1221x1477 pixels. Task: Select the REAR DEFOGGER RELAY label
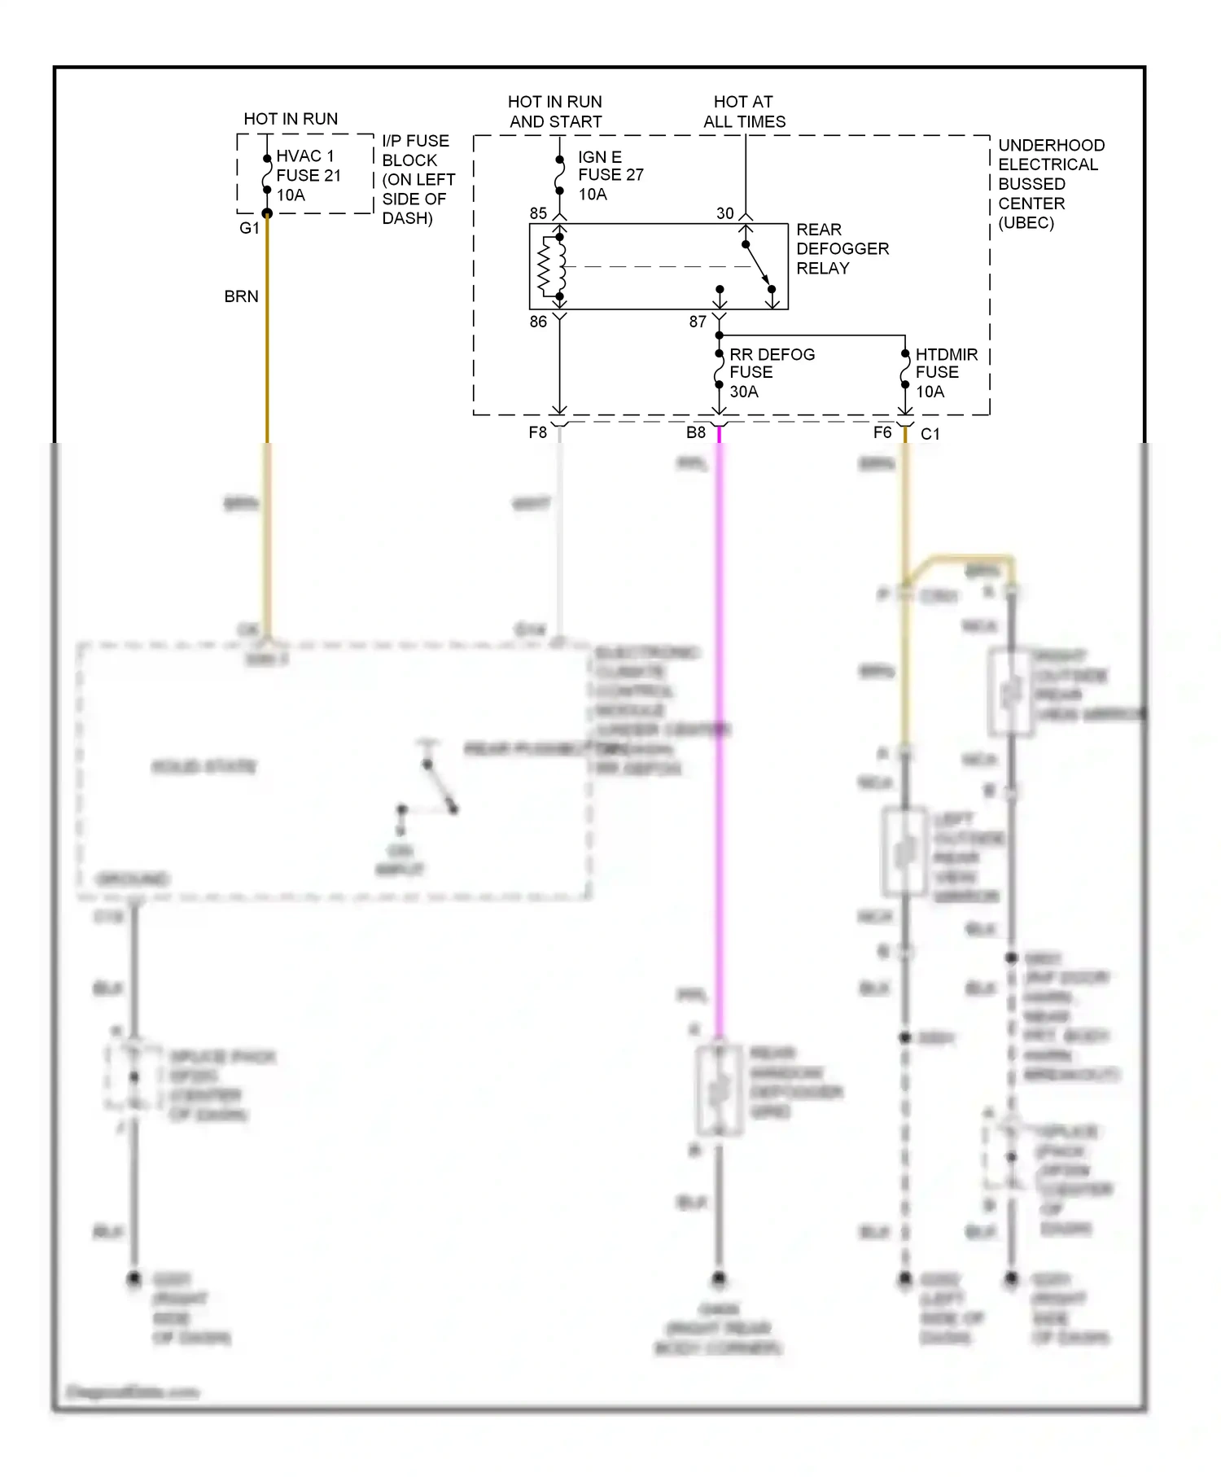(x=842, y=248)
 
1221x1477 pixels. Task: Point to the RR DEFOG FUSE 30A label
(x=771, y=373)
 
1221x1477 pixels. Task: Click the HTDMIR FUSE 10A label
(x=946, y=373)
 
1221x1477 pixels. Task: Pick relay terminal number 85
(x=538, y=213)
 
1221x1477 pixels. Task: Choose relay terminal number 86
(x=538, y=322)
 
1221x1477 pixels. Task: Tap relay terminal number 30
(x=724, y=213)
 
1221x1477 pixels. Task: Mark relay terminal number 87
(x=698, y=322)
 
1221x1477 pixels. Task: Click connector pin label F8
(x=537, y=432)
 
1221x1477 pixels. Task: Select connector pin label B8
(x=695, y=432)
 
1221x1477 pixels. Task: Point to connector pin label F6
(x=882, y=432)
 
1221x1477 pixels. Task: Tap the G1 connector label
(x=248, y=228)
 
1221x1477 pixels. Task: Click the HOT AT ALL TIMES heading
(x=744, y=112)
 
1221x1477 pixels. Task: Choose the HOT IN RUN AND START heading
(x=555, y=112)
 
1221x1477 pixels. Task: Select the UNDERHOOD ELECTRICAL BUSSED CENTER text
(x=1050, y=184)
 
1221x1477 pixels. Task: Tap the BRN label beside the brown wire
(x=241, y=296)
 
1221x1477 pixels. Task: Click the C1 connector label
(x=930, y=434)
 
